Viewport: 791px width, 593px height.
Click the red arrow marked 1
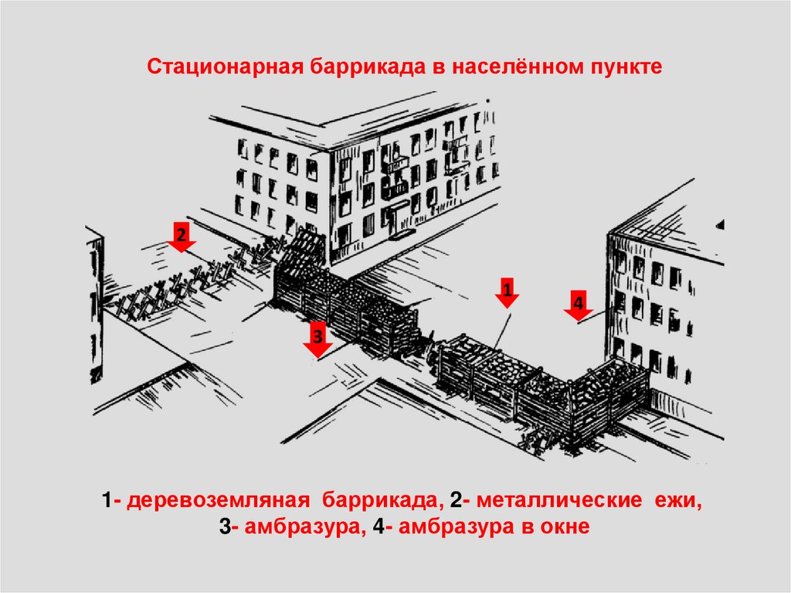point(507,292)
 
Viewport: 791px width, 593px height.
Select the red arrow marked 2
point(182,237)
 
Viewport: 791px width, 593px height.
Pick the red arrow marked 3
point(317,339)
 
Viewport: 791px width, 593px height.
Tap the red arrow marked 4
point(578,305)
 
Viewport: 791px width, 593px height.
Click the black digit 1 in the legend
point(107,500)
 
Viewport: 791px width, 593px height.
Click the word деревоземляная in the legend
point(218,501)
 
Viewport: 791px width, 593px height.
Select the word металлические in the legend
point(559,500)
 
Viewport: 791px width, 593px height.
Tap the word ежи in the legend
point(677,501)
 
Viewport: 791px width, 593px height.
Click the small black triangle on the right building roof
point(721,225)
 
